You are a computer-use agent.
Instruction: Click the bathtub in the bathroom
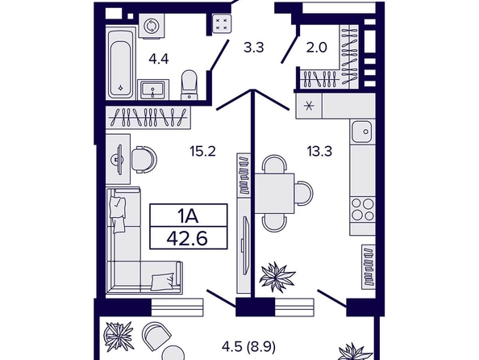pos(121,63)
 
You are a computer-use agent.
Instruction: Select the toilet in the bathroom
pos(189,85)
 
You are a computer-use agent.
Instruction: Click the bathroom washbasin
pos(152,90)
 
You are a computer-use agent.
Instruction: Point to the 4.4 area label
pos(159,58)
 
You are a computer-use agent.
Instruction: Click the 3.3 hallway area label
pos(253,48)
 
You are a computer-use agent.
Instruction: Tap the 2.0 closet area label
pos(316,48)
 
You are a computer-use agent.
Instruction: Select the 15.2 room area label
pos(203,151)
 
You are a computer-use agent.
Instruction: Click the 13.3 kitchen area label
pos(319,151)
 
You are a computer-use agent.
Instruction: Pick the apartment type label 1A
pos(189,216)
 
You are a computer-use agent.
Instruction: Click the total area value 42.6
pos(187,238)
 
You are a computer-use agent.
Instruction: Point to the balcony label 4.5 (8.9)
pos(248,347)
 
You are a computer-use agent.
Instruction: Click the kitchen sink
pos(362,132)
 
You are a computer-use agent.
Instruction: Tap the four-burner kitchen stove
pos(363,209)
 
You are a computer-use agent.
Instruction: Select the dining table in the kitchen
pos(275,193)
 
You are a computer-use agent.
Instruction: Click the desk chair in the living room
pos(144,160)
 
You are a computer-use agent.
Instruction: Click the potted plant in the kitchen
pos(277,276)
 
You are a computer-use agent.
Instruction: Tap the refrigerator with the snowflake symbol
pos(309,106)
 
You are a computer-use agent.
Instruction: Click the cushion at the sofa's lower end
pos(163,282)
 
